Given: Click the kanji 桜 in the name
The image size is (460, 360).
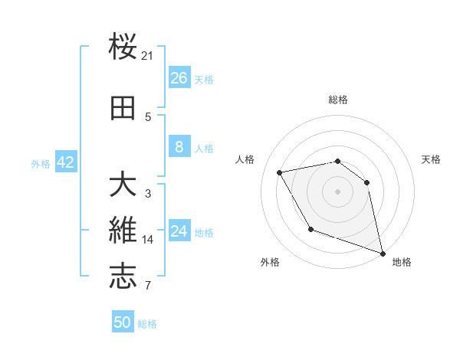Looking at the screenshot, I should [x=123, y=47].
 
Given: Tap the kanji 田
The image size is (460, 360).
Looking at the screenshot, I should [x=123, y=110].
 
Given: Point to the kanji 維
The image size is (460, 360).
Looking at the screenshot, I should [x=123, y=231].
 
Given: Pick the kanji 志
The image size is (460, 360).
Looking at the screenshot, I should [x=123, y=277].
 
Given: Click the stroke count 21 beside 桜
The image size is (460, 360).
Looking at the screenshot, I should [x=148, y=55].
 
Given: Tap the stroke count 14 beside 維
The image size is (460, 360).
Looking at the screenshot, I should [x=148, y=240].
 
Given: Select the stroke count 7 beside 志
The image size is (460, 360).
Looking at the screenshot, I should [x=148, y=286].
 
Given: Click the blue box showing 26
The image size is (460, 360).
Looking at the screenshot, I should [x=179, y=78].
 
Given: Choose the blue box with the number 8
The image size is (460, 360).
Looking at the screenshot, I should [x=179, y=147].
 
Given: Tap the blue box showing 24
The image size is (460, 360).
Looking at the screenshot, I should [x=179, y=231].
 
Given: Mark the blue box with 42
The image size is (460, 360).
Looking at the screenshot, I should [x=64, y=162].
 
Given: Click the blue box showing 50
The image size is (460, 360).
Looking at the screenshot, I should [x=122, y=322].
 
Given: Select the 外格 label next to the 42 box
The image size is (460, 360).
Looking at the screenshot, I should [x=40, y=163].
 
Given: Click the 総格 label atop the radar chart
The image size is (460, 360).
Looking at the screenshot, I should [x=338, y=100].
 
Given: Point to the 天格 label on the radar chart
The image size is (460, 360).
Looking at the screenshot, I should [x=431, y=159].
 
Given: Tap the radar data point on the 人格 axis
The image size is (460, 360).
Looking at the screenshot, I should [x=280, y=172].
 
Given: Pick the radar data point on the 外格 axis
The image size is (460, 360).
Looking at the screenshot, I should [x=310, y=229].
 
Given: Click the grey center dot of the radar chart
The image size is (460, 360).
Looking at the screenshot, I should [x=337, y=191].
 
